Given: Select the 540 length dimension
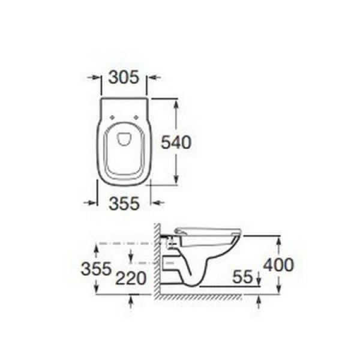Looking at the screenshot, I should coord(177,142).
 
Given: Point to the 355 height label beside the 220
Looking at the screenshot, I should coord(96,268).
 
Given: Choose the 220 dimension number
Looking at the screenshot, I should coord(132,278).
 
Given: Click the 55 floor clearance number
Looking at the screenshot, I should coord(242,278).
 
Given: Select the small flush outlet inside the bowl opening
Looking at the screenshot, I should coord(124,139).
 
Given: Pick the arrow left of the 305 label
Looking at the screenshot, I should coord(95,77).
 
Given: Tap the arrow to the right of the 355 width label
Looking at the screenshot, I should coord(155,203).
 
